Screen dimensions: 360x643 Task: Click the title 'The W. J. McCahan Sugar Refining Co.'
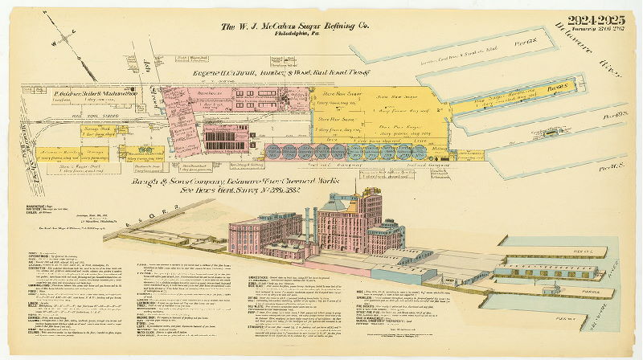(x=295, y=27)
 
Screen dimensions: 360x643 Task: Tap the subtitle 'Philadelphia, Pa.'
(x=295, y=36)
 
